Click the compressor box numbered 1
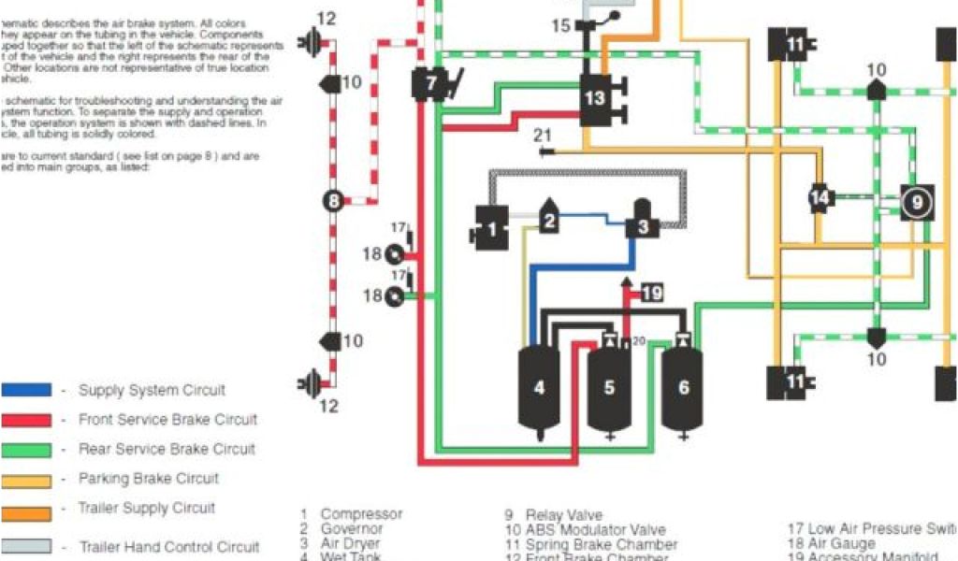(x=491, y=226)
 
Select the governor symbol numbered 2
(x=549, y=220)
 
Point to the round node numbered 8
(x=334, y=199)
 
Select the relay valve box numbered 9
(x=917, y=201)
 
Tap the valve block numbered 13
(x=596, y=98)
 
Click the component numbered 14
(x=820, y=197)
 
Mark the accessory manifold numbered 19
(x=651, y=294)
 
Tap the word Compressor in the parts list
(x=361, y=514)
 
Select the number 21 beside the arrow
(x=543, y=137)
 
